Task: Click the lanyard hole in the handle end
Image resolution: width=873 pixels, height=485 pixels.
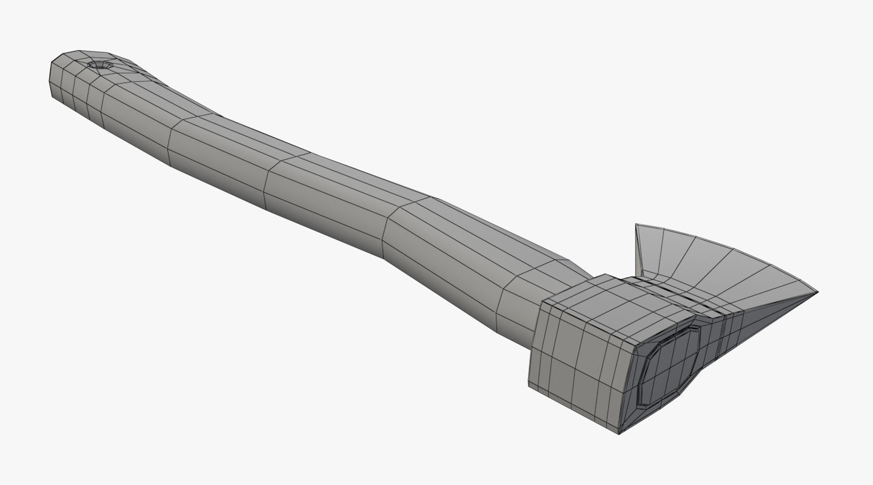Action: pos(100,64)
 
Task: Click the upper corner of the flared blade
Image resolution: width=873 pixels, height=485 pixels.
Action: pos(637,226)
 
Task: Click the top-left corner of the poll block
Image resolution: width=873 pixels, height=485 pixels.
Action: pos(541,299)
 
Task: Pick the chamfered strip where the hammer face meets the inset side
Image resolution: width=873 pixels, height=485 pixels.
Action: pos(627,388)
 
